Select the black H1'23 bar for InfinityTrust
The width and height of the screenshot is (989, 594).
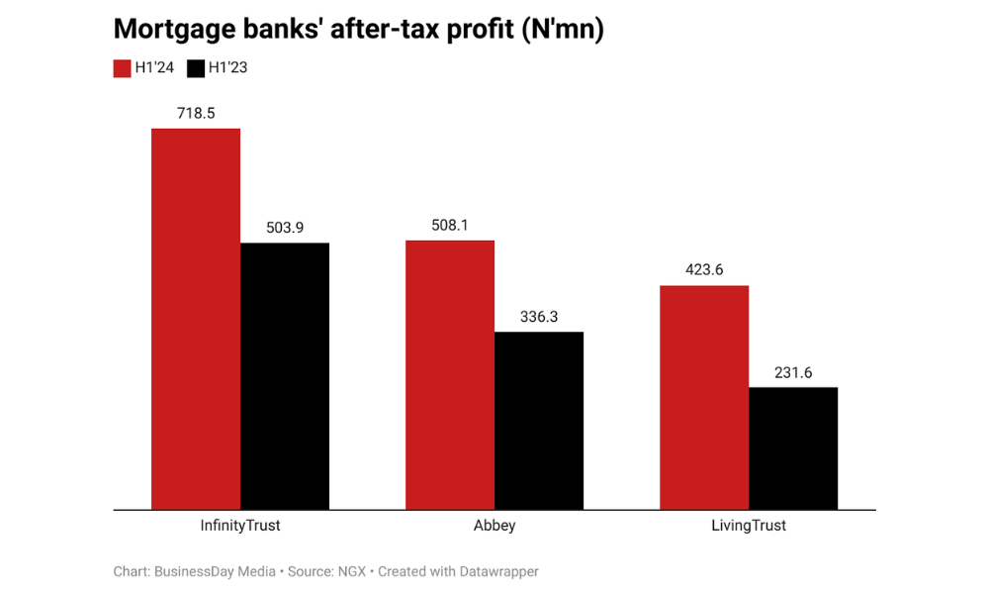[x=285, y=376]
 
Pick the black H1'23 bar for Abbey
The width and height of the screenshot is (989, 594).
[x=539, y=421]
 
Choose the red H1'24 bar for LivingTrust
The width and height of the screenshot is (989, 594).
[x=704, y=397]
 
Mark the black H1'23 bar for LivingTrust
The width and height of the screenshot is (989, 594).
[x=793, y=448]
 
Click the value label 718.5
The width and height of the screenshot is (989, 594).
[x=196, y=113]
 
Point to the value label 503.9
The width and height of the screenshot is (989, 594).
[x=285, y=228]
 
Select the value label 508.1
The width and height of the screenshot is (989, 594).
[x=450, y=225]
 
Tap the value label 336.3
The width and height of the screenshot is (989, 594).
[x=539, y=317]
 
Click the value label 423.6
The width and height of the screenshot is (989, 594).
[x=704, y=270]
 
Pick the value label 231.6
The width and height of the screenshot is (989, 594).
[x=793, y=372]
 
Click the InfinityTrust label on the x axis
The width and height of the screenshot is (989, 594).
[x=240, y=526]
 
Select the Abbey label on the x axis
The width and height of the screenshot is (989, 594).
[x=494, y=526]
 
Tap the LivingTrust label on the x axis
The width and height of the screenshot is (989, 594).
[x=749, y=526]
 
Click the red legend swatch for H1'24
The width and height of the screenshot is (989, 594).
[x=122, y=68]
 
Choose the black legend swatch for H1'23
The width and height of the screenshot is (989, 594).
[x=196, y=68]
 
